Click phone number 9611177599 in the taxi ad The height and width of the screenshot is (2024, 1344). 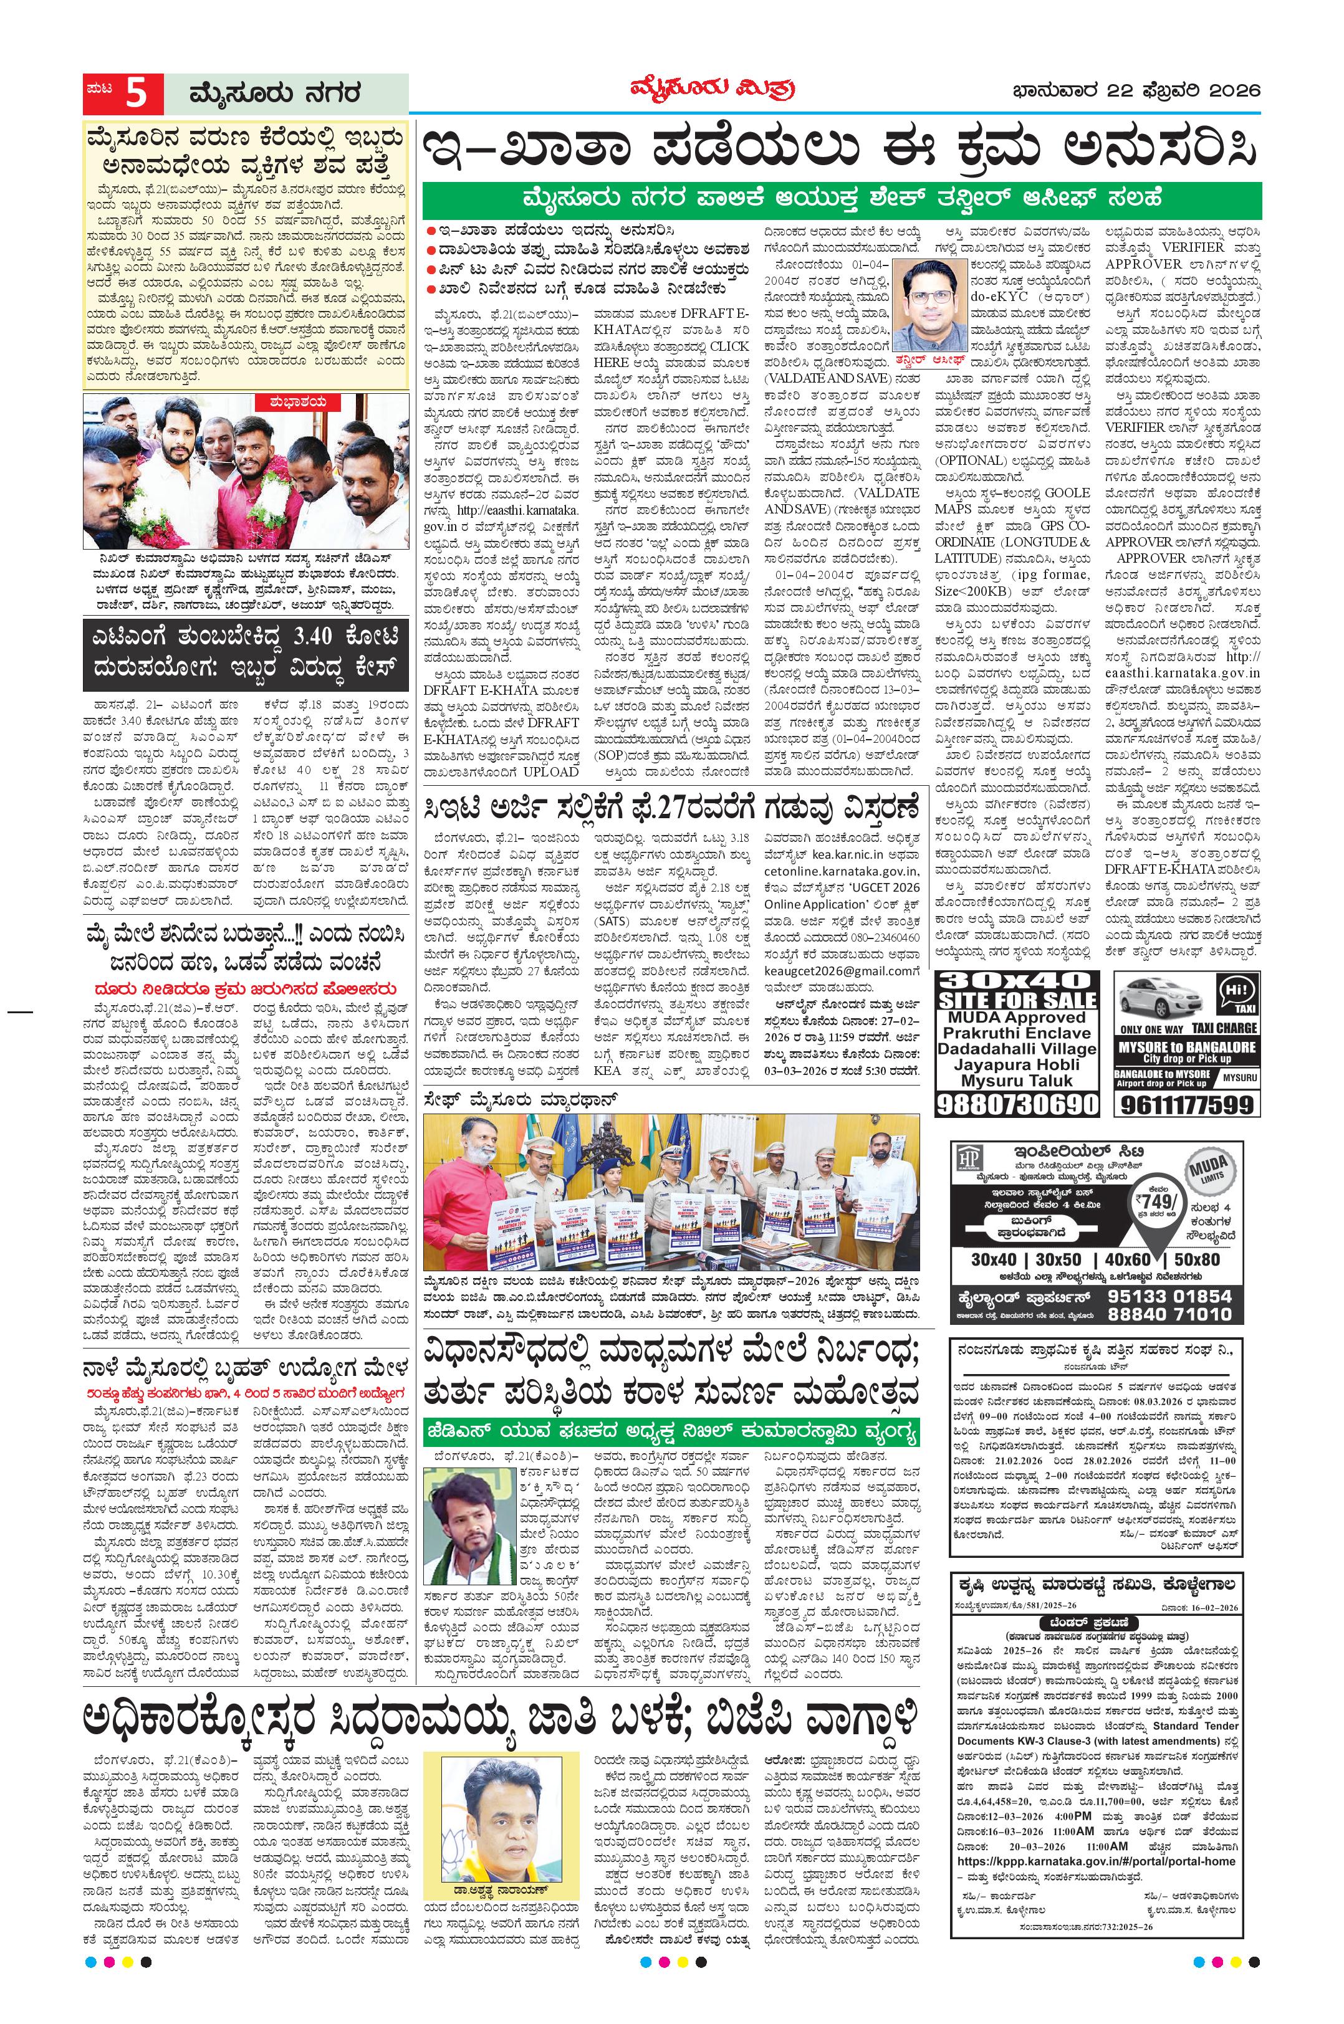click(1186, 1105)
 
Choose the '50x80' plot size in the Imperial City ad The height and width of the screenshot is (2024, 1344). click(1197, 1259)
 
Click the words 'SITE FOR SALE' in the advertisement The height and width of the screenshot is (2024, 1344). click(1017, 1000)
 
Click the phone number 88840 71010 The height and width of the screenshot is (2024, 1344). click(1170, 1314)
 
